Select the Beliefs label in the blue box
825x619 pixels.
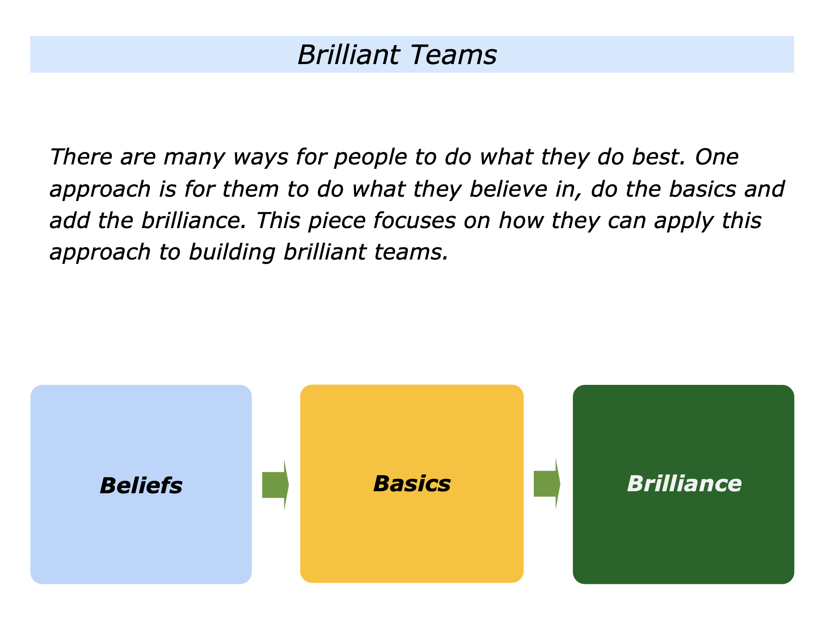point(141,485)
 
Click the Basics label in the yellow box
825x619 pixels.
point(412,484)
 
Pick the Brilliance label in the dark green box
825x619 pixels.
point(684,484)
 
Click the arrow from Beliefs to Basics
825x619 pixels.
point(276,485)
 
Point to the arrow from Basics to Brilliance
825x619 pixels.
point(547,484)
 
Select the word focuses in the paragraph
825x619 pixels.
point(415,220)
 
